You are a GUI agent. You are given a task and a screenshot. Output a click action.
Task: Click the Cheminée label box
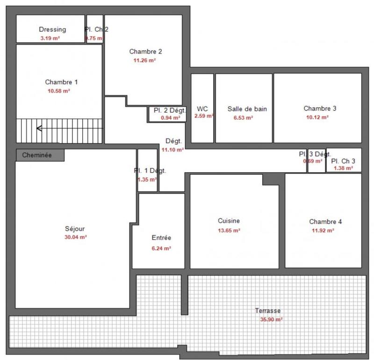(x=40, y=155)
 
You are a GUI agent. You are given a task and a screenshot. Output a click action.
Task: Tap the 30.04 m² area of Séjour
(x=76, y=237)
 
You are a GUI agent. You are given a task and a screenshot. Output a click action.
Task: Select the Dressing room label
(x=52, y=29)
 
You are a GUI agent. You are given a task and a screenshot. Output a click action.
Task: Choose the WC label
(x=202, y=108)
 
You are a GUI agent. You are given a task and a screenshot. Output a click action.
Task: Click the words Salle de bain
(x=247, y=109)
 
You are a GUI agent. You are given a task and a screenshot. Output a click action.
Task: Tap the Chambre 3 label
(x=320, y=108)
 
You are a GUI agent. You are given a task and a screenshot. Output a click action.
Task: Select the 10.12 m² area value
(x=320, y=117)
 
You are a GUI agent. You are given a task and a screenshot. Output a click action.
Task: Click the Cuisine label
(x=229, y=221)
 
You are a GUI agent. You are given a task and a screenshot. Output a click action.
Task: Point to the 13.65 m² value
(x=229, y=230)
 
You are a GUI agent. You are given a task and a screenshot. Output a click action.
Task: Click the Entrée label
(x=161, y=238)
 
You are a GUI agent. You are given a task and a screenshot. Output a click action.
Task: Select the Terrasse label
(x=268, y=310)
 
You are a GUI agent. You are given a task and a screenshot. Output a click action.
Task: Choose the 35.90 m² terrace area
(x=271, y=320)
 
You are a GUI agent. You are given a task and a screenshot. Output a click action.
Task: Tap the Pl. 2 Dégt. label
(x=170, y=110)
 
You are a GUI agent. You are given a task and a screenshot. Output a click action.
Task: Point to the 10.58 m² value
(x=59, y=91)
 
